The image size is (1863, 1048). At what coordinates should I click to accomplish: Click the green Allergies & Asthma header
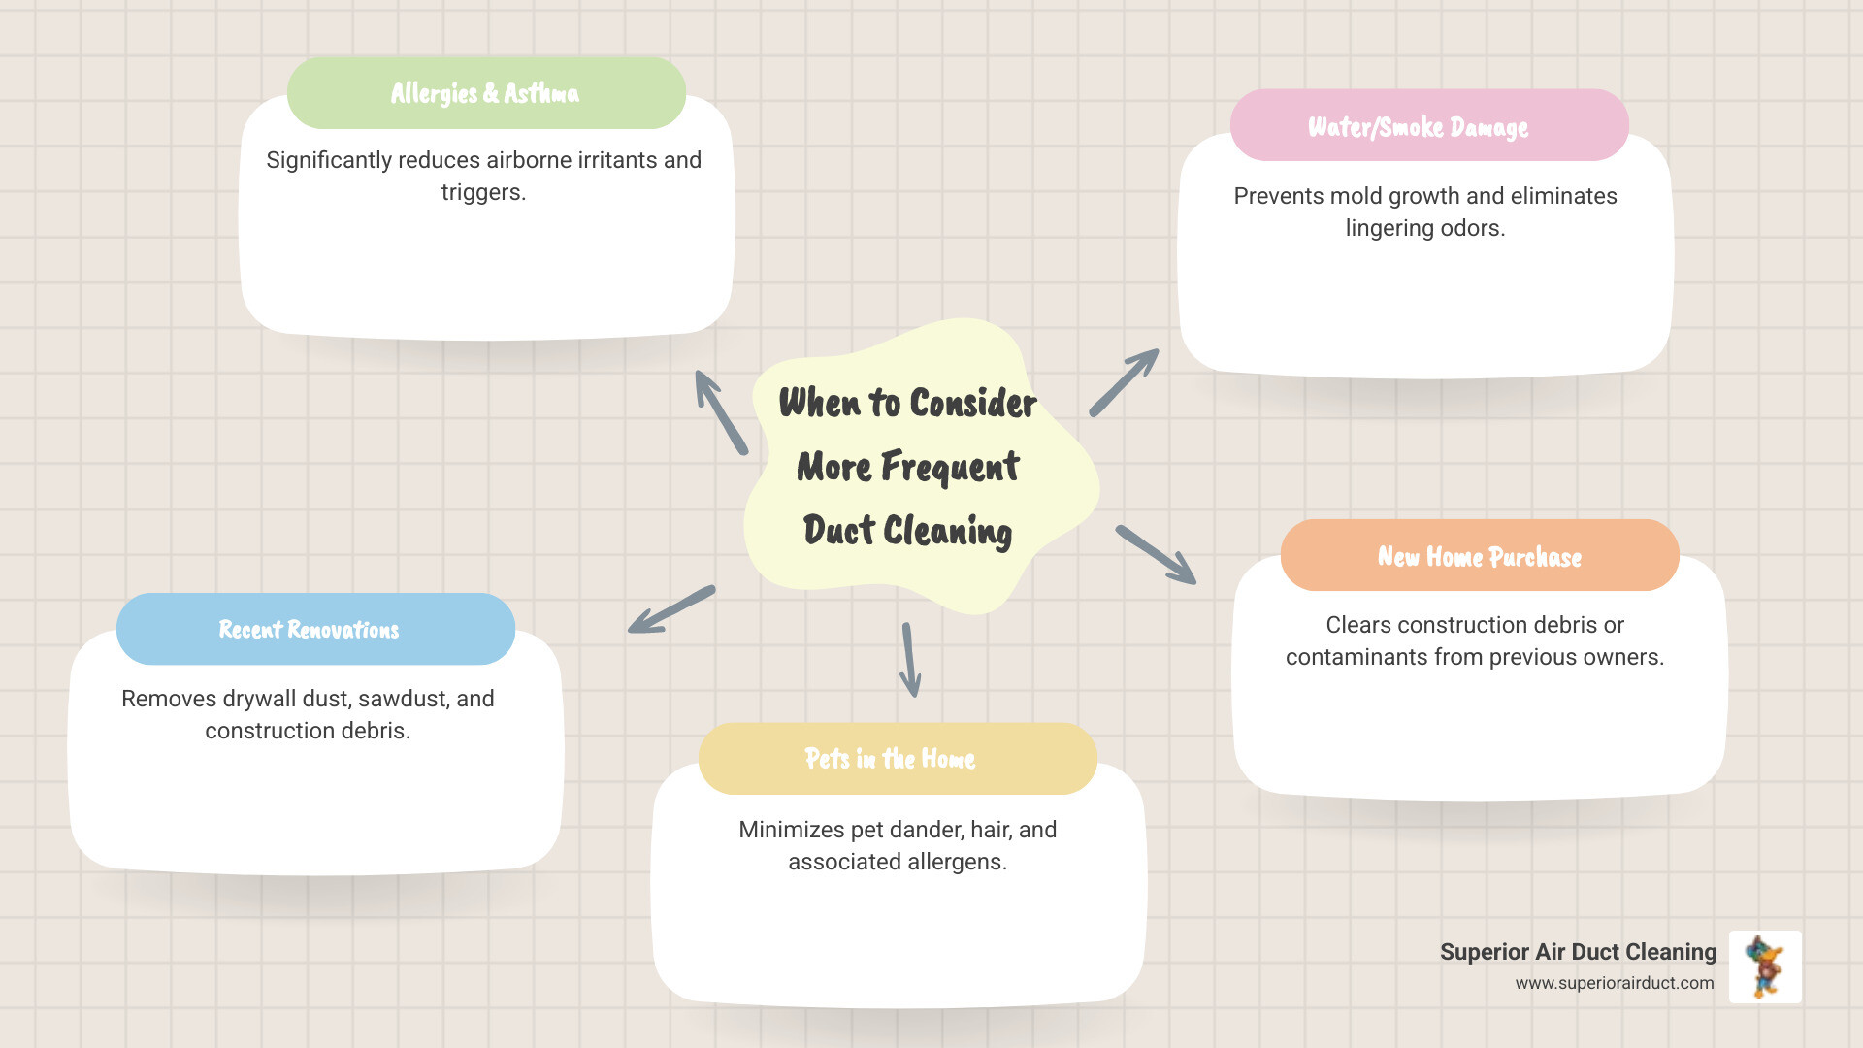(486, 93)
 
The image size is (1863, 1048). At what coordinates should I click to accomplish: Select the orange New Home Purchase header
(1479, 556)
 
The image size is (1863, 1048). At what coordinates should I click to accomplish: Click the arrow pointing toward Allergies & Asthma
(720, 411)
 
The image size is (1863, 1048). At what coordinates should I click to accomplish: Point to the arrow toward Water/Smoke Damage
(1125, 382)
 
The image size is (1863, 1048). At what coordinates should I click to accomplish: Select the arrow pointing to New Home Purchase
(1156, 555)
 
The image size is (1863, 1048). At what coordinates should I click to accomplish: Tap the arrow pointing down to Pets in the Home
(910, 660)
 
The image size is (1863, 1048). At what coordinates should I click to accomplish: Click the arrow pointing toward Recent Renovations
(670, 610)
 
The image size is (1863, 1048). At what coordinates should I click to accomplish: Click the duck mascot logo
(1764, 966)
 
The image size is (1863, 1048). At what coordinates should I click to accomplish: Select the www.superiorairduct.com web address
(1614, 983)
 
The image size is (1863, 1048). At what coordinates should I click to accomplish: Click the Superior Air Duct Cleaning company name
(1578, 952)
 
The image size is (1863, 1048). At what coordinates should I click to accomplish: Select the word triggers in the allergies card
(482, 192)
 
